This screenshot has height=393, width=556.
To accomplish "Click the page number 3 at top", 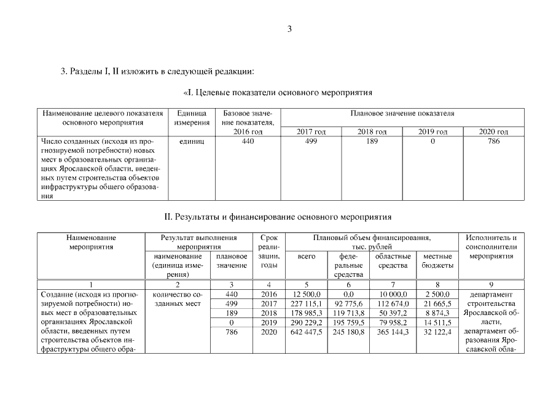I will pyautogui.click(x=289, y=29).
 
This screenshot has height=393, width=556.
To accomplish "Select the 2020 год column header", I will pyautogui.click(x=493, y=132).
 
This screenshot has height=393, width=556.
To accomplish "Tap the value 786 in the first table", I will pyautogui.click(x=493, y=141).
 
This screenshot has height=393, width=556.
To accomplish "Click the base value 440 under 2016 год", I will pyautogui.click(x=243, y=141).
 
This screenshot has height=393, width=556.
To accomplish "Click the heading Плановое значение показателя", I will pyautogui.click(x=402, y=114).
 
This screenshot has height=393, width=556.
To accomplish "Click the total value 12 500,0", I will pyautogui.click(x=307, y=295).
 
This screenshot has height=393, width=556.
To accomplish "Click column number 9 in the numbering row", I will pyautogui.click(x=490, y=285).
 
